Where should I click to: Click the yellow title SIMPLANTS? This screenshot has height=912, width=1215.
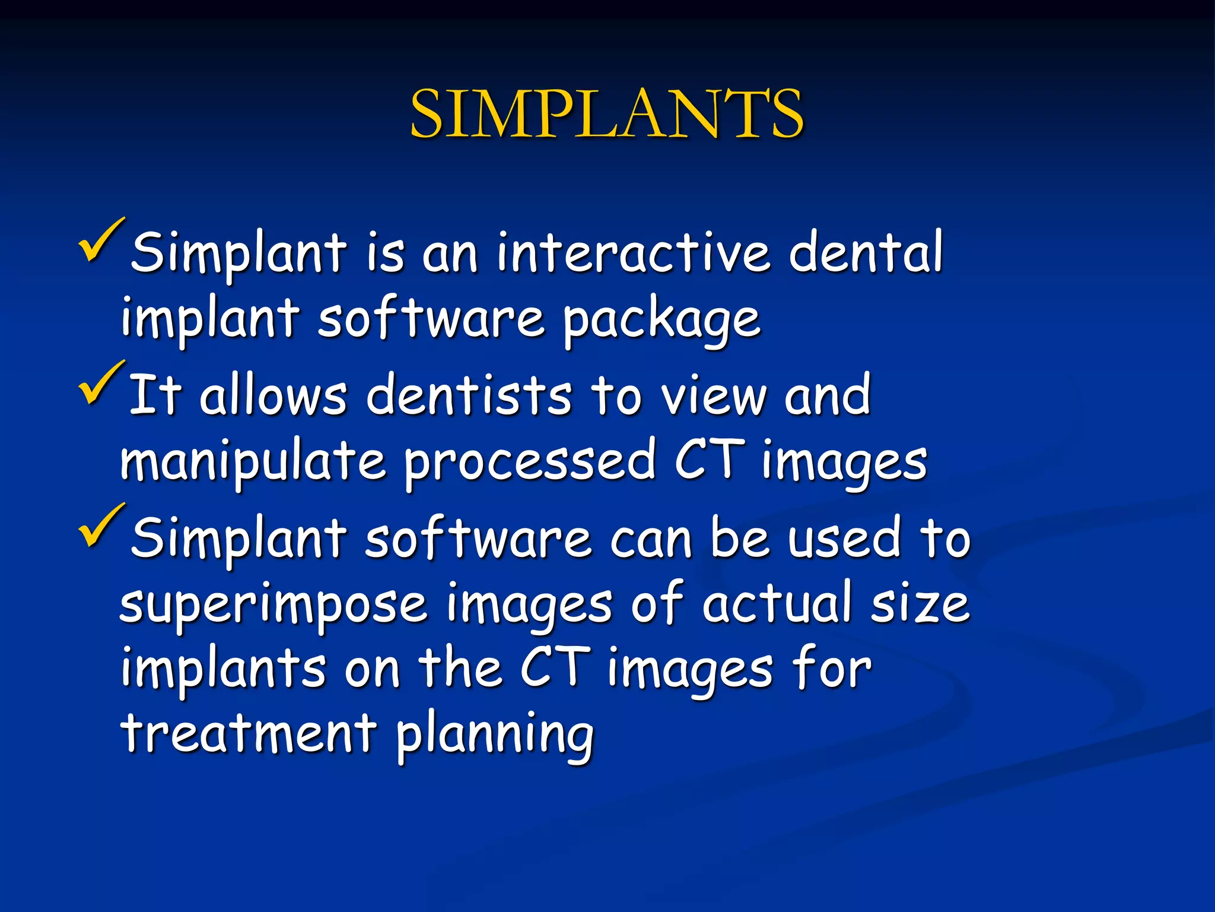click(606, 114)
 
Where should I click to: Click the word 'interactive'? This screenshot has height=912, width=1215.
click(634, 252)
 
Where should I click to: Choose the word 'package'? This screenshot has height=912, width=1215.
click(661, 321)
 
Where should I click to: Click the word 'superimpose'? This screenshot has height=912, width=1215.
click(273, 606)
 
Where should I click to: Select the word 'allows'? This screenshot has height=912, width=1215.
click(273, 395)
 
